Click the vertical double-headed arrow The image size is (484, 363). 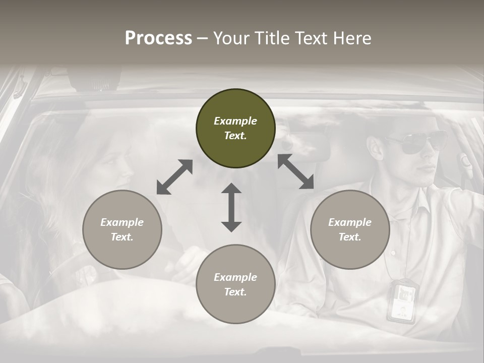tap(231, 207)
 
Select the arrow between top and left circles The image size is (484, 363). tap(174, 176)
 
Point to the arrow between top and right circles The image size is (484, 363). tap(296, 171)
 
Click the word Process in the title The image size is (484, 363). tap(158, 38)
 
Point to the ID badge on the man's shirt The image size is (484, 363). tap(403, 301)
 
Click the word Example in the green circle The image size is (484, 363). tap(235, 121)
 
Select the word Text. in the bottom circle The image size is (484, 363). tap(235, 292)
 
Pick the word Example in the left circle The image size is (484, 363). tap(122, 222)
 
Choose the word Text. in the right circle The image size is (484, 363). tap(350, 237)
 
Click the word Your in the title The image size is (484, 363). tap(229, 38)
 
